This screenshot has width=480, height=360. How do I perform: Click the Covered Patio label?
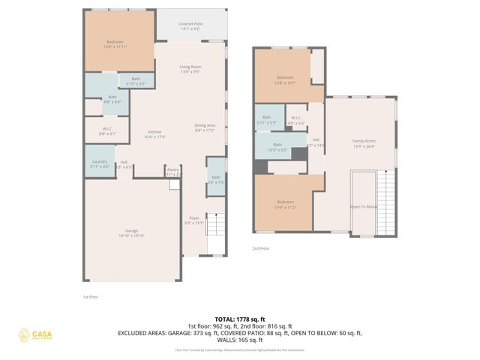coord(190,26)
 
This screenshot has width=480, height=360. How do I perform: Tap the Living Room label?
coord(190,70)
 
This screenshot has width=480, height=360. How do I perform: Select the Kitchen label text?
coord(154,134)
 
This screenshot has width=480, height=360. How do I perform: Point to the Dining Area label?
coord(205,127)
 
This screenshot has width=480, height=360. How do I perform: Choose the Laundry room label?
coord(100,163)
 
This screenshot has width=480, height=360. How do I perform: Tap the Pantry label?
coord(172,172)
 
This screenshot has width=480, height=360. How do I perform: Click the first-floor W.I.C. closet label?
coord(108,131)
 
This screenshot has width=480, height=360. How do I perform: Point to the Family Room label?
coord(364,143)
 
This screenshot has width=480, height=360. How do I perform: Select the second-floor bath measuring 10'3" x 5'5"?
coord(277,147)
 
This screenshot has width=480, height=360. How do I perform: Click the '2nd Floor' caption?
coord(261,248)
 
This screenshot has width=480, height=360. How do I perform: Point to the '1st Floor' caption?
coord(90,297)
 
